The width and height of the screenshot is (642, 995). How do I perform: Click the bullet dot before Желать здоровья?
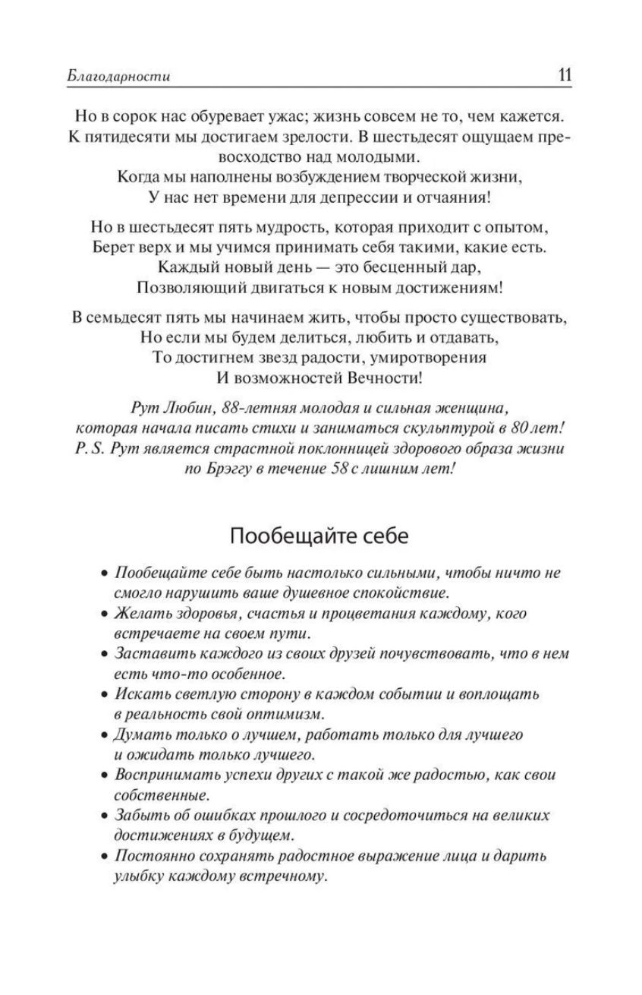[105, 614]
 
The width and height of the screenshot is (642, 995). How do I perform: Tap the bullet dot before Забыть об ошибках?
[105, 815]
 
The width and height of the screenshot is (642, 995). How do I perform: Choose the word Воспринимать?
[162, 775]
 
